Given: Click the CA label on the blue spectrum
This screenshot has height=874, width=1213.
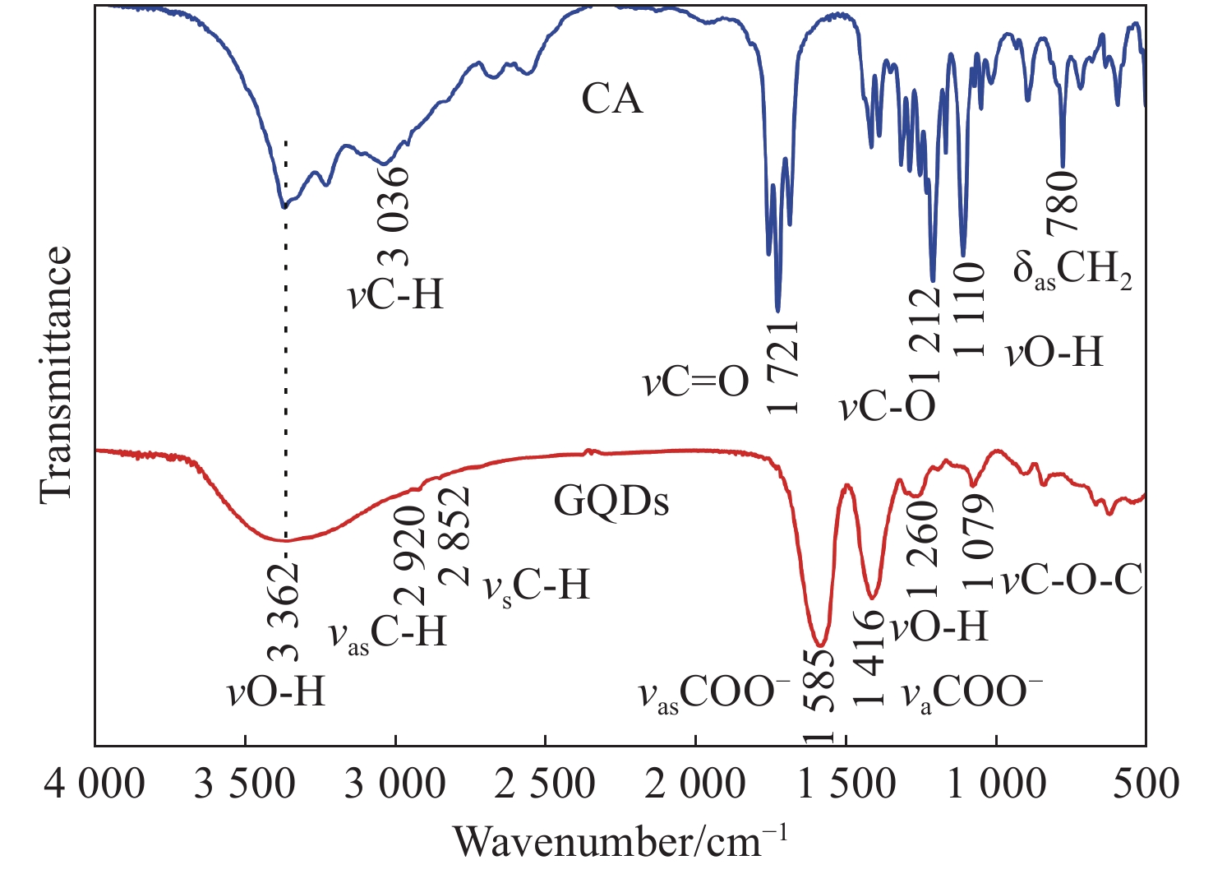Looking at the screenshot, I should (x=612, y=99).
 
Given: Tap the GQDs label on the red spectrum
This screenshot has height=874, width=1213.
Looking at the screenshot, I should (x=611, y=500).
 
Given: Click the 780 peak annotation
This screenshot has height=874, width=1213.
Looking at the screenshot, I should (x=1061, y=201).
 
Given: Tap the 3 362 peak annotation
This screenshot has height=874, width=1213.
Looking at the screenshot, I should (x=284, y=613).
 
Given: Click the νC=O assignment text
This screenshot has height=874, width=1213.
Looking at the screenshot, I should (x=696, y=382).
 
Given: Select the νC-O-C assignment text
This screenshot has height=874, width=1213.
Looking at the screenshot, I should (x=1072, y=581).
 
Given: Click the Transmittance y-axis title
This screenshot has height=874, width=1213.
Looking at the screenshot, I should (x=56, y=372).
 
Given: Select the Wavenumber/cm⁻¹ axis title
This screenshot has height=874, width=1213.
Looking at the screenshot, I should (x=620, y=840).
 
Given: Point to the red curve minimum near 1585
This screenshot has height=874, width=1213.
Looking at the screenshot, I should (x=819, y=645).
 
